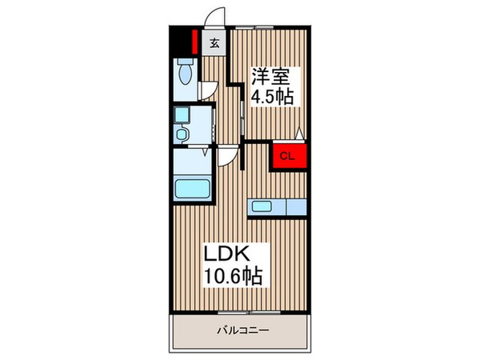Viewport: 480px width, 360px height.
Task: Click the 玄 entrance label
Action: tap(214, 45)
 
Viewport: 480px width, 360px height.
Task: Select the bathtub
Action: tap(192, 191)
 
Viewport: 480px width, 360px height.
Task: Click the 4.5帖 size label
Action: tap(273, 98)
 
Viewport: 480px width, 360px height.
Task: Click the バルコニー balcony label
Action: tap(242, 330)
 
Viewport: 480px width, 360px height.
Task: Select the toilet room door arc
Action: tap(206, 90)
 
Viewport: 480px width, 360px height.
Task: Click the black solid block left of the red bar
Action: tap(181, 39)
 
